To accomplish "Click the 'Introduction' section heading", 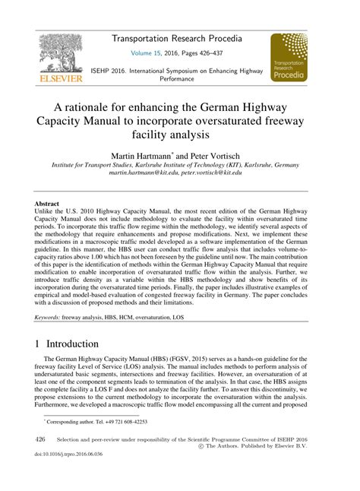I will [74, 344].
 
